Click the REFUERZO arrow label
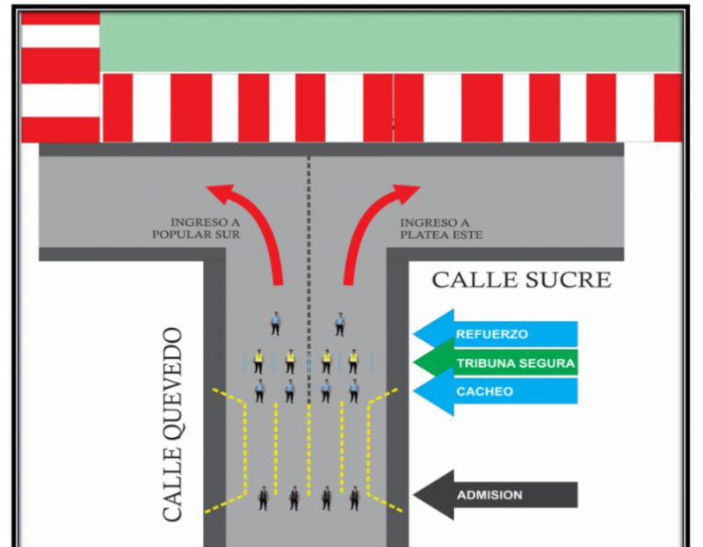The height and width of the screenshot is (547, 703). pos(496,334)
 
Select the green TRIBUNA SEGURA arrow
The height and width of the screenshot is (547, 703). pos(496,362)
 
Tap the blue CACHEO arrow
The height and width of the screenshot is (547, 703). pos(496,391)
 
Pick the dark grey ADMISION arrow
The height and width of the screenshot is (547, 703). pos(496,494)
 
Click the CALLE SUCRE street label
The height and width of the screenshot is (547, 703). pos(521,281)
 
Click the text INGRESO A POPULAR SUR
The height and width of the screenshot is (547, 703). pos(196,229)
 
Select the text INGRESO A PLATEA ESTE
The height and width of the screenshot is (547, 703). pos(441,229)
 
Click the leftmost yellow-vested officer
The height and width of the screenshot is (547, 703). pos(259,360)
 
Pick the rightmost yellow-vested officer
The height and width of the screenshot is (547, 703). pos(353,360)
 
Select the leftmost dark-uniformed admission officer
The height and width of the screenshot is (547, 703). pos(262,499)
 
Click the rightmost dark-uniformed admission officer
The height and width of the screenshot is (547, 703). pos(354,499)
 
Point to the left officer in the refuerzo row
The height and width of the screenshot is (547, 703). pos(275,324)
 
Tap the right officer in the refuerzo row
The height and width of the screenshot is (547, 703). pos(339,324)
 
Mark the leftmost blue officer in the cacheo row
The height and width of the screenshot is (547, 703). pos(260,390)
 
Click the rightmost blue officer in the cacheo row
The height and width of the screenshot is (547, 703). pos(353,390)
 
